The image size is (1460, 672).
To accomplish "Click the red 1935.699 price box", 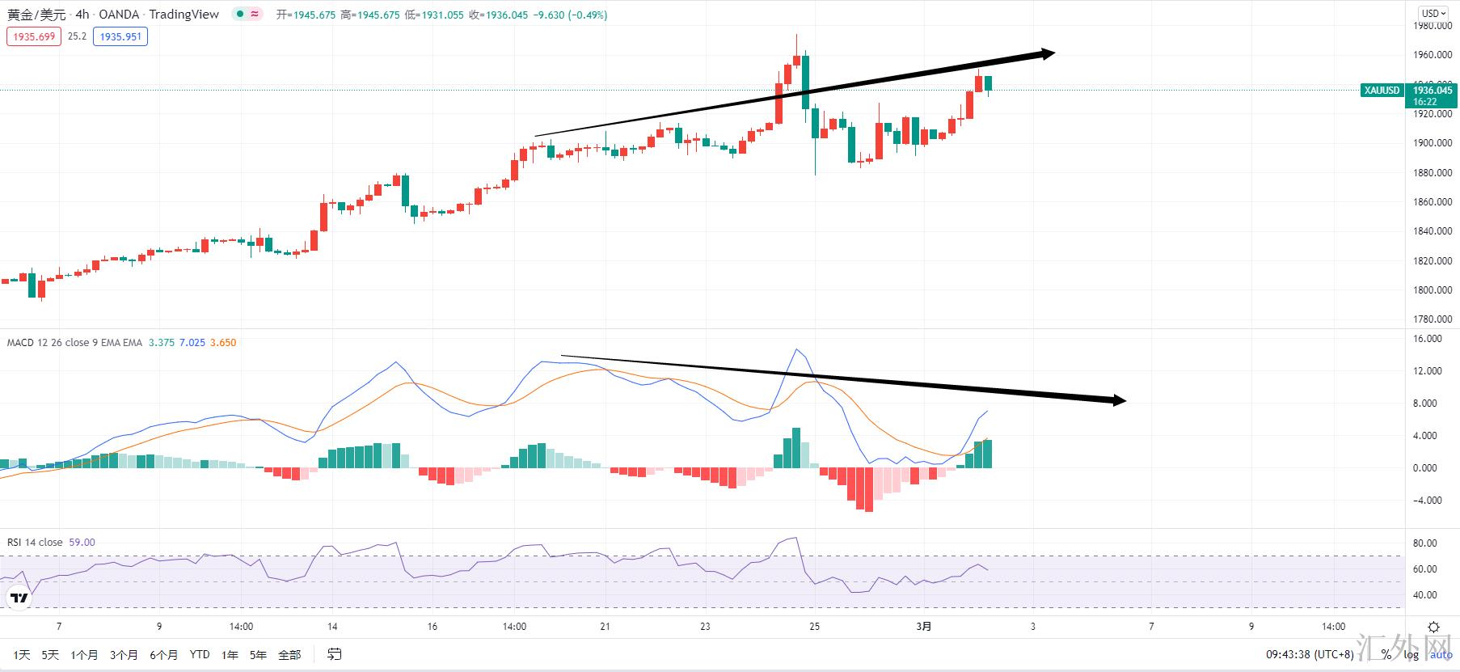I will click(34, 36).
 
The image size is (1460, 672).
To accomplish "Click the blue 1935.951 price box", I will click(120, 36).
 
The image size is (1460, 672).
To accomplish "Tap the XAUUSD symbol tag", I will click(1382, 91).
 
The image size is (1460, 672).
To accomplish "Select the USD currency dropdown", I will click(1434, 13).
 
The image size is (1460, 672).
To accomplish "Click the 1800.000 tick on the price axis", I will click(1433, 290).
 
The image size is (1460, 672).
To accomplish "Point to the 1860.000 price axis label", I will click(1433, 202).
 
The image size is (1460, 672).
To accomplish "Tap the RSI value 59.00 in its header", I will click(82, 543).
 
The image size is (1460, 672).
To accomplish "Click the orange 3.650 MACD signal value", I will click(223, 343).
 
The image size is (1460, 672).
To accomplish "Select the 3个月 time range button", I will click(124, 655).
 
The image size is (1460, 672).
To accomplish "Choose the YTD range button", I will click(200, 655).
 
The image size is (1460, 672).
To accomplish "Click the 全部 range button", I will click(289, 655).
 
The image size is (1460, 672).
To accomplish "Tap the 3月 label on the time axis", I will click(925, 627).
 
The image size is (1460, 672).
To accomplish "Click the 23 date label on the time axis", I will click(706, 627).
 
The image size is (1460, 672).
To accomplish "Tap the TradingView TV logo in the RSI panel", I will click(19, 598).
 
